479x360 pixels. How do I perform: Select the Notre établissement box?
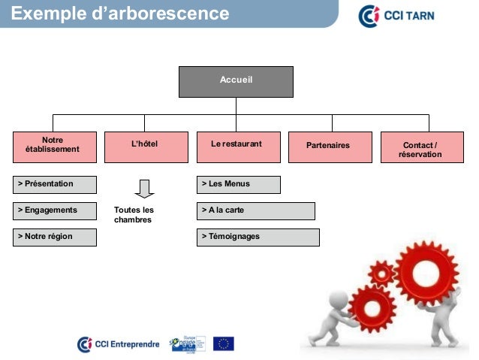(55, 146)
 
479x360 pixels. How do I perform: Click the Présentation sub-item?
(55, 184)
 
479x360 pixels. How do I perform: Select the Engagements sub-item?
(55, 210)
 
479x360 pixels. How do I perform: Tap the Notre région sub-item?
(55, 237)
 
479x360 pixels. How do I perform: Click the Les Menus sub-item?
(238, 184)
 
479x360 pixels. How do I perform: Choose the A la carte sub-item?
(255, 210)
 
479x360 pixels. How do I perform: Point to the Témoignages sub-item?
(258, 237)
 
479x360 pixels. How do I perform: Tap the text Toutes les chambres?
(134, 215)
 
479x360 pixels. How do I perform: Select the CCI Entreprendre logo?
(119, 344)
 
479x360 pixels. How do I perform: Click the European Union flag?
(223, 343)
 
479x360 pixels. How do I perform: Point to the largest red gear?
(426, 269)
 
